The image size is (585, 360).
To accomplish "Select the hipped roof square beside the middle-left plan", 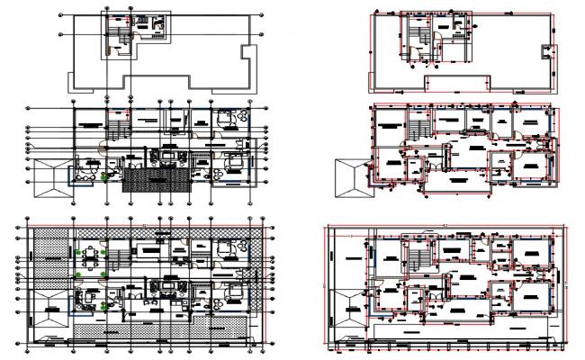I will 51,178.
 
